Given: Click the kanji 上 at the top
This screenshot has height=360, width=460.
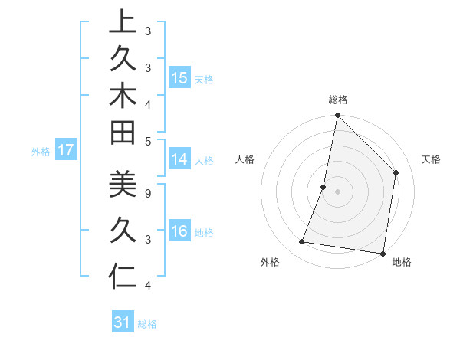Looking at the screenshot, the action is point(123,23).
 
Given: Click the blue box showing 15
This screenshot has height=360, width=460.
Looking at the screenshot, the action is point(179,78).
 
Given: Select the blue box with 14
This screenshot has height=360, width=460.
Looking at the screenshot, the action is point(179,159).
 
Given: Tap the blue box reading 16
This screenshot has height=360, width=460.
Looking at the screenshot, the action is point(179,232).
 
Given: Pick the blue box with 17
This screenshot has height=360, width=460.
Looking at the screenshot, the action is point(66,151).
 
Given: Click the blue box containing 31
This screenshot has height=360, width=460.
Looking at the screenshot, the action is point(123,322).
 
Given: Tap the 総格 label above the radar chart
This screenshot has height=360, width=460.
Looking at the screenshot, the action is point(338,100).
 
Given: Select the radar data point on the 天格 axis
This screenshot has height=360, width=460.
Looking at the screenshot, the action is point(396,172).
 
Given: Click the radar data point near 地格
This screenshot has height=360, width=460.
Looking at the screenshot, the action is point(383,253).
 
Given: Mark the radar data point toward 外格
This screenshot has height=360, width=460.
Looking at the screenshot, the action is point(302,242).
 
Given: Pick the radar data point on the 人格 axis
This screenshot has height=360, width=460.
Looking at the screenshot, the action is point(324,187).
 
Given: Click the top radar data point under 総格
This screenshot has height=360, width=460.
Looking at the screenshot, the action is point(337,116).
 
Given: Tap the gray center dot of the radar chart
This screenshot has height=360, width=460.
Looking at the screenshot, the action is point(337,191).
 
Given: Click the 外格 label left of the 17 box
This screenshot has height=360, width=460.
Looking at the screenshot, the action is point(41,152).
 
